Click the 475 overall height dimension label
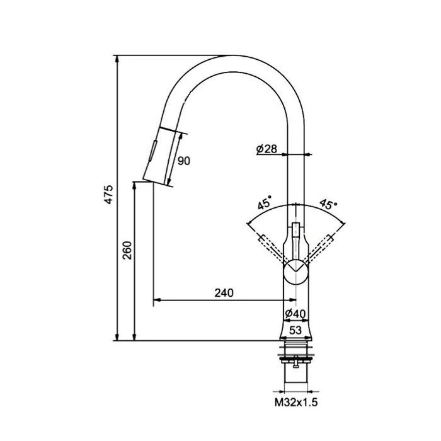108,195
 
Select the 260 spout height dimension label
127,250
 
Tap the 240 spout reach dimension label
224,293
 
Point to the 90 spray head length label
184,161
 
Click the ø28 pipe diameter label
266,149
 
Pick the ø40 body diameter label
295,313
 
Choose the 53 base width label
295,330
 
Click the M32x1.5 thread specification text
296,403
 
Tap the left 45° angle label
265,202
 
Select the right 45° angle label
328,204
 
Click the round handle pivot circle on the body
295,272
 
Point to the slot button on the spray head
152,151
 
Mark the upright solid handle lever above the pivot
295,241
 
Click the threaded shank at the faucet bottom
295,374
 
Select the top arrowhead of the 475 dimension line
117,58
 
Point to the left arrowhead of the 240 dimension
157,300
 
